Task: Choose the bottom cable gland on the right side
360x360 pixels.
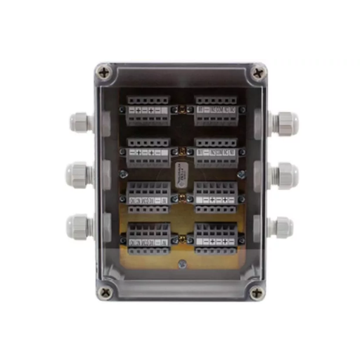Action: tap(281, 226)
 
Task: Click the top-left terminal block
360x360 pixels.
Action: tap(148, 110)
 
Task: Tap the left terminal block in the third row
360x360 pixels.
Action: tap(148, 195)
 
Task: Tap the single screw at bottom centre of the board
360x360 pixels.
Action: tap(181, 264)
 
